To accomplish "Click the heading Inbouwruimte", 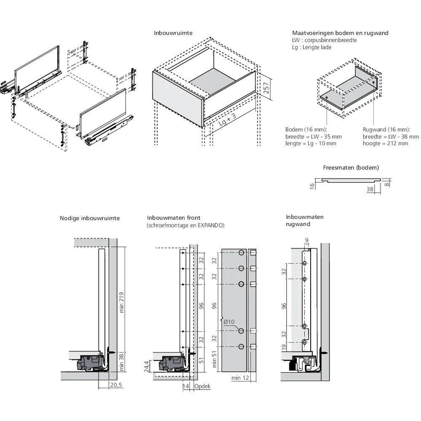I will pos(173,32).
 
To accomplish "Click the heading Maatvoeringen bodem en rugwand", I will pos(340,33).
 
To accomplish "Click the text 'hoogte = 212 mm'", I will pos(385,144).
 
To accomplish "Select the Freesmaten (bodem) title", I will pos(351,168).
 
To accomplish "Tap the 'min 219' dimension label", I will pos(122,302).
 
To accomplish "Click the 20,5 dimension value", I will pos(116,385).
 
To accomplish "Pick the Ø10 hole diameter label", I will pos(229,322).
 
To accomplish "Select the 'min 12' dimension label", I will pos(240,378).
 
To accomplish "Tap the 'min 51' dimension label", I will pos(215,359).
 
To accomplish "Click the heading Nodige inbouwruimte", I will pos(90,218).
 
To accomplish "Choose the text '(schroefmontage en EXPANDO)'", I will pos(186,225).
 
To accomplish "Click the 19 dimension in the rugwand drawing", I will pos(284,347).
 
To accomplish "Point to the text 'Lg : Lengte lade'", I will pos(312,47).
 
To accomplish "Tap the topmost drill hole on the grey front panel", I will pos(241,253).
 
